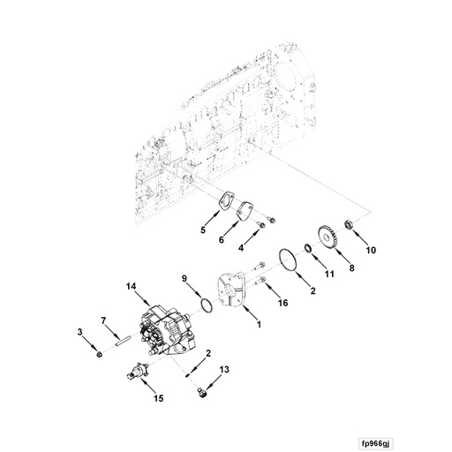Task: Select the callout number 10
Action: pyautogui.click(x=370, y=251)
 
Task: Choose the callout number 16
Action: pyautogui.click(x=282, y=302)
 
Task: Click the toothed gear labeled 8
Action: pyautogui.click(x=330, y=241)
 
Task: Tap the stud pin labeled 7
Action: pyautogui.click(x=124, y=333)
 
